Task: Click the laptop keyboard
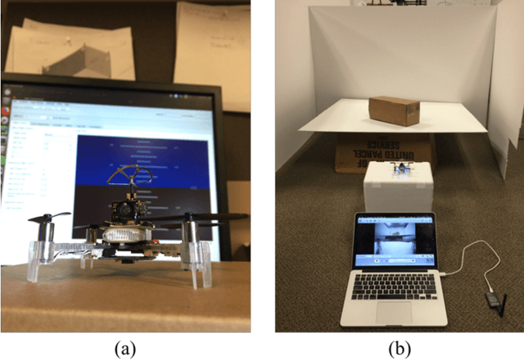coord(394,284)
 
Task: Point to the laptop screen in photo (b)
coord(394,238)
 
